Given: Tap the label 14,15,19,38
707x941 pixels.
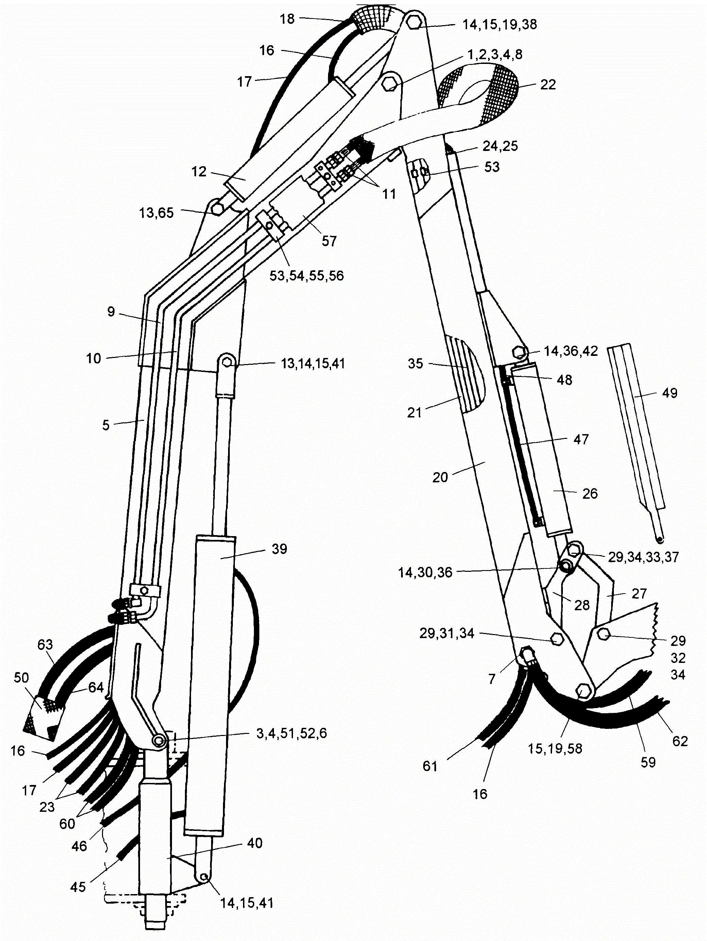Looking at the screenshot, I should click(500, 25).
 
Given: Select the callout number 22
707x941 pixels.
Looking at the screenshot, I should click(548, 85).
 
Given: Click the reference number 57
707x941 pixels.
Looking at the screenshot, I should click(329, 241).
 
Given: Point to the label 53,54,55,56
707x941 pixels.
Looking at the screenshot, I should click(306, 276).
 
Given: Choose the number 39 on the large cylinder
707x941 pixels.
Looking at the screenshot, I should click(279, 549).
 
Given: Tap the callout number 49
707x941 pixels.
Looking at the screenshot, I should click(670, 393).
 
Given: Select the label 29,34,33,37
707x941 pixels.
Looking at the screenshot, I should click(643, 557).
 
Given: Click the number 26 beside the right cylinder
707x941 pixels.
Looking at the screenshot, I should click(590, 494).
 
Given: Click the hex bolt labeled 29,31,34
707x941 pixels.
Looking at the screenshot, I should click(556, 638).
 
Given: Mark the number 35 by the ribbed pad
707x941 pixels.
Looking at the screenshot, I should click(416, 363).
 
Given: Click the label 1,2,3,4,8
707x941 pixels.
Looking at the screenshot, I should click(495, 54).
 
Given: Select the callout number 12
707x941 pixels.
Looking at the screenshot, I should click(199, 171).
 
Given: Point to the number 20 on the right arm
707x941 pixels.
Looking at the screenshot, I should click(440, 477).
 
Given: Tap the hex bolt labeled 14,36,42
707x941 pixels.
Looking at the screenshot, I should click(519, 352).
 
